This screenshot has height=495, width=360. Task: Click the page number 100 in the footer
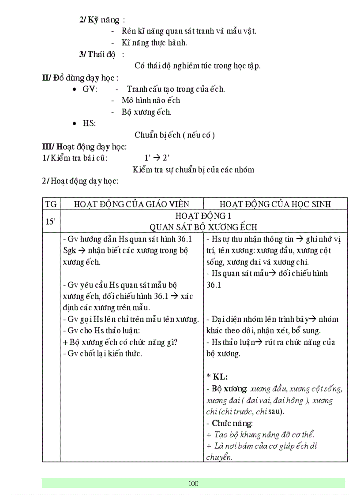coord(193,484)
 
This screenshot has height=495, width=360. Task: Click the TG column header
coord(51,204)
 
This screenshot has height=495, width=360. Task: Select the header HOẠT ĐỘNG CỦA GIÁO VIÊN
coord(131,204)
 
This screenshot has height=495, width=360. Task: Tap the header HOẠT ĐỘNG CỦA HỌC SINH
coord(275,204)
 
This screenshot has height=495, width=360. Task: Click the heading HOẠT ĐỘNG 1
coord(203,216)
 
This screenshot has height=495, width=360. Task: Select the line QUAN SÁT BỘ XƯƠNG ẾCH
coord(203,227)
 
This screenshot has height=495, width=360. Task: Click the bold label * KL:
coord(217,377)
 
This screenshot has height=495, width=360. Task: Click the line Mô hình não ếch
coord(151,100)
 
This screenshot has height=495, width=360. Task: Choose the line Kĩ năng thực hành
coord(154,43)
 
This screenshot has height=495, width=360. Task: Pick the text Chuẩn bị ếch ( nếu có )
coord(175,135)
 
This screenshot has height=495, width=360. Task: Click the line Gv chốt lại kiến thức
coord(103,354)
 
